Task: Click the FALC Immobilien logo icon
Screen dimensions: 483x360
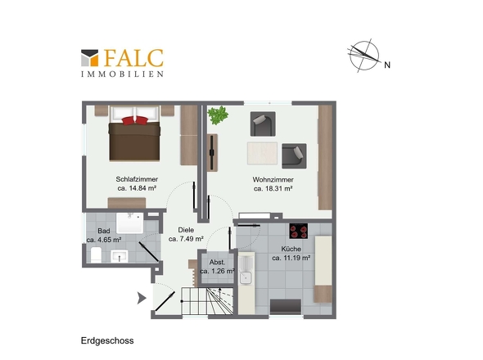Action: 89,58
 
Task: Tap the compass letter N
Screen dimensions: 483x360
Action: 387,65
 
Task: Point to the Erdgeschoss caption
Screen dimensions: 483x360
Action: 107,340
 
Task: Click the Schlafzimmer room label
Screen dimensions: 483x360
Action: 137,179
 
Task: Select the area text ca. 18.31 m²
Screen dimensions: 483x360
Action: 273,188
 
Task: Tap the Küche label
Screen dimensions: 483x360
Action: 291,249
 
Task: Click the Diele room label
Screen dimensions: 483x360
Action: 186,230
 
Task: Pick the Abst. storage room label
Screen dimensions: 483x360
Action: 217,263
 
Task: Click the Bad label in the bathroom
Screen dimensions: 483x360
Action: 104,231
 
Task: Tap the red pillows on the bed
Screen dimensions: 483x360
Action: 135,120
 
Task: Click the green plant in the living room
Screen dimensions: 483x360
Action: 218,115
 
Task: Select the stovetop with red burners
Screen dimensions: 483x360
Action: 299,231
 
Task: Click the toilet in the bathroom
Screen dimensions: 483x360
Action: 96,254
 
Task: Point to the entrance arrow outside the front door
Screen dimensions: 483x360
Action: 142,298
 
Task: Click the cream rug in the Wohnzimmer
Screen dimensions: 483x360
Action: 262,153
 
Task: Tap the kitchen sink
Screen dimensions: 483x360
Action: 246,278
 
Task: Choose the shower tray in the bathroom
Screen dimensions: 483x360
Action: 129,223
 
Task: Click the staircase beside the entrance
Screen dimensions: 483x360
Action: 207,301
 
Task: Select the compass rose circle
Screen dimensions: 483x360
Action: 364,56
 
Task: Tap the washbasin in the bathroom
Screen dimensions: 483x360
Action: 120,256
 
